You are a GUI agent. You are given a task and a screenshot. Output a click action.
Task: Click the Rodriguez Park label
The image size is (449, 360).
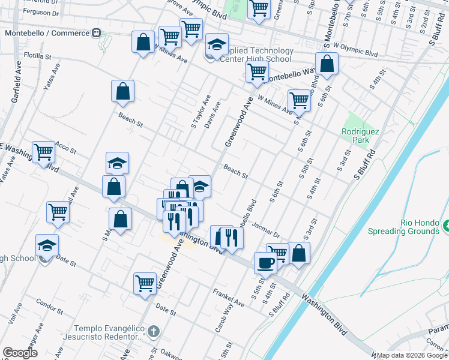[x=355, y=135]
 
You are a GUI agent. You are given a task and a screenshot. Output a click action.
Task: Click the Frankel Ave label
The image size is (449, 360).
[x=229, y=298]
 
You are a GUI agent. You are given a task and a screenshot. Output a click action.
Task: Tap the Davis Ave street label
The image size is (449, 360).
[x=212, y=114]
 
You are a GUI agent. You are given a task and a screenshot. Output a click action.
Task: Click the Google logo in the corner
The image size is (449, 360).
[x=20, y=353]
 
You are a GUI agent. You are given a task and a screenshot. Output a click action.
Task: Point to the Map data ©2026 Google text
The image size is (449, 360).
[x=412, y=355]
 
